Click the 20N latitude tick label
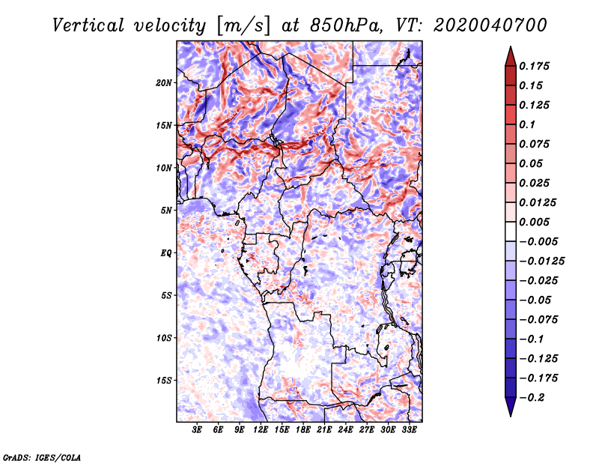tap(164, 83)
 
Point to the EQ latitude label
tap(165, 253)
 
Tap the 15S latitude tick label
tap(164, 381)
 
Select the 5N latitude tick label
tap(166, 211)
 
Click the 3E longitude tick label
tap(197, 430)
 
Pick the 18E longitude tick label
tap(303, 430)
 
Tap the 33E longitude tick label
tap(409, 430)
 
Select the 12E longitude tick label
tap(261, 430)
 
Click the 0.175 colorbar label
tap(534, 66)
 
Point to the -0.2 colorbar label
tap(532, 398)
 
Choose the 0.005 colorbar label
tap(534, 222)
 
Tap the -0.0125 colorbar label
tap(541, 261)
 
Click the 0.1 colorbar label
tap(527, 124)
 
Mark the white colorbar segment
tap(511, 231)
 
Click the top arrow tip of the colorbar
tap(511, 46)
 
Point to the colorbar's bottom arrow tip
tap(511, 417)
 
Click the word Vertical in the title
tap(88, 25)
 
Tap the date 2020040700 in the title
tap(490, 25)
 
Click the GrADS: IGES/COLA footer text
tap(42, 457)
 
